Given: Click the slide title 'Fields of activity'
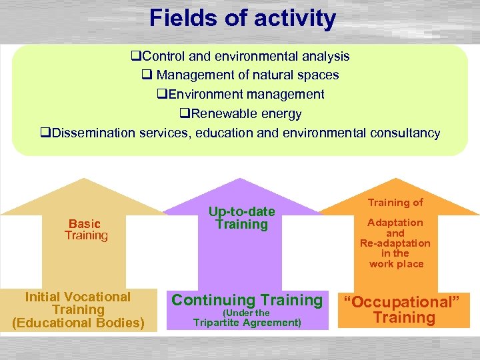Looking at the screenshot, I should pos(243,18).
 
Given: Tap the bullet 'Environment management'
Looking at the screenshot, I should pos(241,95).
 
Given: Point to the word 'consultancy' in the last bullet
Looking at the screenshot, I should pos(402,133).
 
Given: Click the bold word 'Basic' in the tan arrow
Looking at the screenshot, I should pos(85,224).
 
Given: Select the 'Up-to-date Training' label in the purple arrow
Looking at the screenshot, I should pos(241,218).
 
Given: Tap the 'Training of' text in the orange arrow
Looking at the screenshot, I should pos(396,202).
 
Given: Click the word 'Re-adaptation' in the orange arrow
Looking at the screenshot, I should pos(395,243).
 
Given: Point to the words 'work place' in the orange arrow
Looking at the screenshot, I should pos(396,264).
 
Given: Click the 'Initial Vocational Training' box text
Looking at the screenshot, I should pos(78,303).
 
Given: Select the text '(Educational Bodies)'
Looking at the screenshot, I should pos(78,323).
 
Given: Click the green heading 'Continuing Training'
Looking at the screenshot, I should pos(247,300).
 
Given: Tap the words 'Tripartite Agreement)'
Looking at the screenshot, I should pos(247,323).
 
